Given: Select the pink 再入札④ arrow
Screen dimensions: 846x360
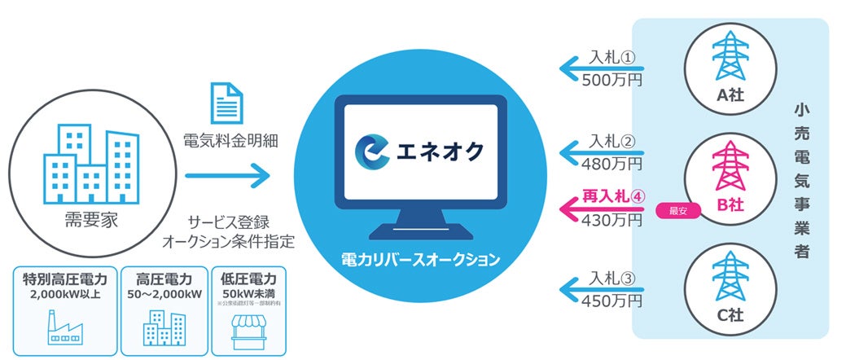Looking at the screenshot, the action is point(598,208).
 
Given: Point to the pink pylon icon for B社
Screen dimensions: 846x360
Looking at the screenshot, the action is point(729,167).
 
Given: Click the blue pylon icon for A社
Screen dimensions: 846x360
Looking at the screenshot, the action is point(729,55).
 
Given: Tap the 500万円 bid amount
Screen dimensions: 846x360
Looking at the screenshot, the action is point(612,80).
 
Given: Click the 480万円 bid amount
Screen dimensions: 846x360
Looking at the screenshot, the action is point(612,164).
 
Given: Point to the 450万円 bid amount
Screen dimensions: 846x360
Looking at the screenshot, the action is point(612,301).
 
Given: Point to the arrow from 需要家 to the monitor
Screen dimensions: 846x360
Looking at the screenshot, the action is point(226,173).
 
